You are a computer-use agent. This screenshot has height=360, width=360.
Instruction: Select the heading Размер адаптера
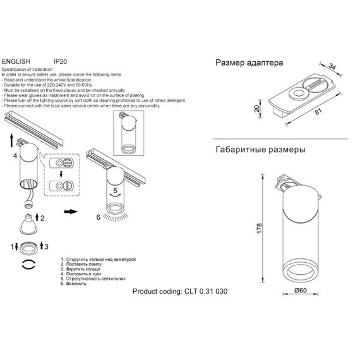tap(249, 64)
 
